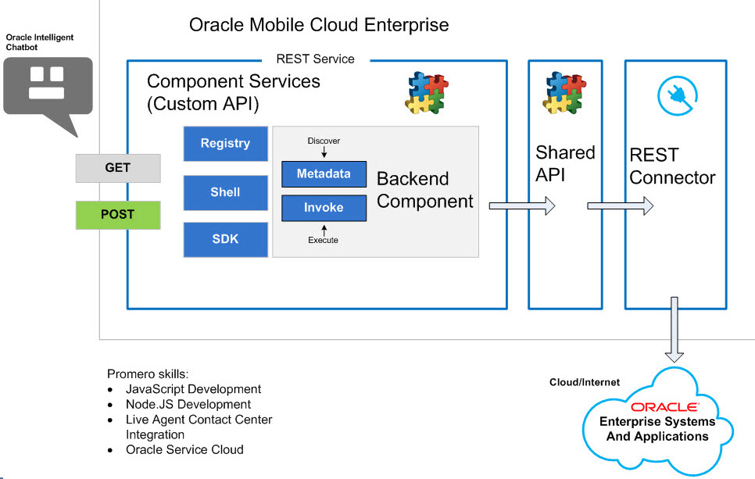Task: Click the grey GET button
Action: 118,168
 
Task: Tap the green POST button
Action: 118,215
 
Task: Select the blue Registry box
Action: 225,144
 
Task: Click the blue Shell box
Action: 225,192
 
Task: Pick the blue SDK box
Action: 225,239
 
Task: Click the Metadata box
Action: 324,174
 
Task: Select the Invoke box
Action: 324,208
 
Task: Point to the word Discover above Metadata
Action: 324,141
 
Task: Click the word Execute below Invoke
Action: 323,240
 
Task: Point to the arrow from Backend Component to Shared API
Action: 521,206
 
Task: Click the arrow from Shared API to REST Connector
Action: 620,206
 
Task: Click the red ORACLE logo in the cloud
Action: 664,407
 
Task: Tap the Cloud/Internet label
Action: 585,382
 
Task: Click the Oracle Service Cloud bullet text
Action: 184,449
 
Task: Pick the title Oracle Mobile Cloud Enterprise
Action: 319,25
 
